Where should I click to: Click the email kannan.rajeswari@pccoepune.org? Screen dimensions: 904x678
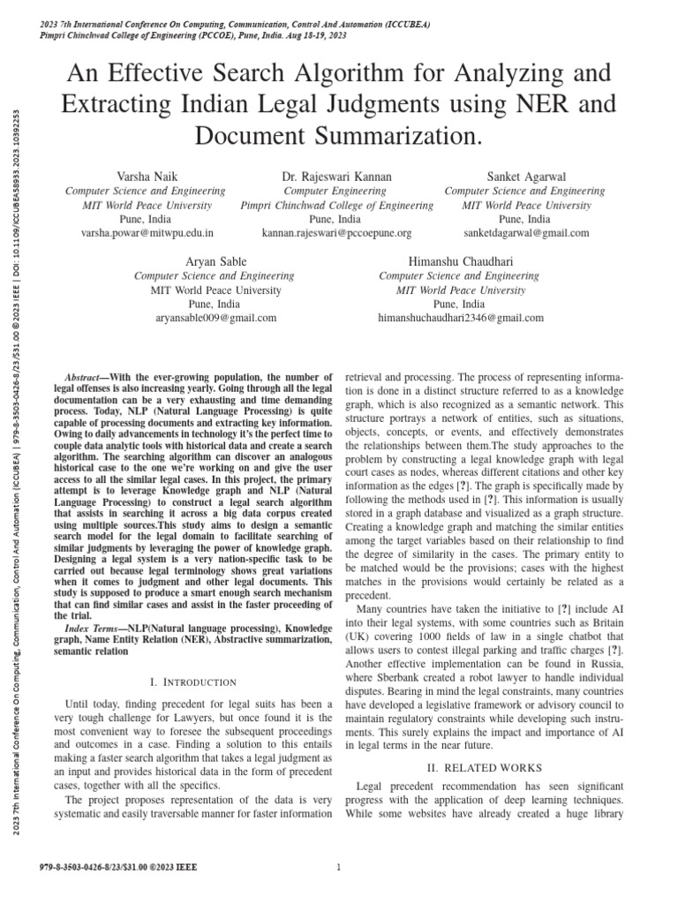pos(336,233)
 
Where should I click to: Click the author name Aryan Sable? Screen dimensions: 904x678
pos(216,261)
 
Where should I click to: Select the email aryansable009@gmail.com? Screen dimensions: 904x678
pos(216,318)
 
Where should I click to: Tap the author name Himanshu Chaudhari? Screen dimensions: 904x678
pos(460,261)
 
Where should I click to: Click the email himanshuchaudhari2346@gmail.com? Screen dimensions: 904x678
pos(460,318)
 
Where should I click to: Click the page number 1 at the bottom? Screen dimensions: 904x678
pos(339,868)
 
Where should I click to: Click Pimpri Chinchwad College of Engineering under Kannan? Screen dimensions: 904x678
pos(336,205)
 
